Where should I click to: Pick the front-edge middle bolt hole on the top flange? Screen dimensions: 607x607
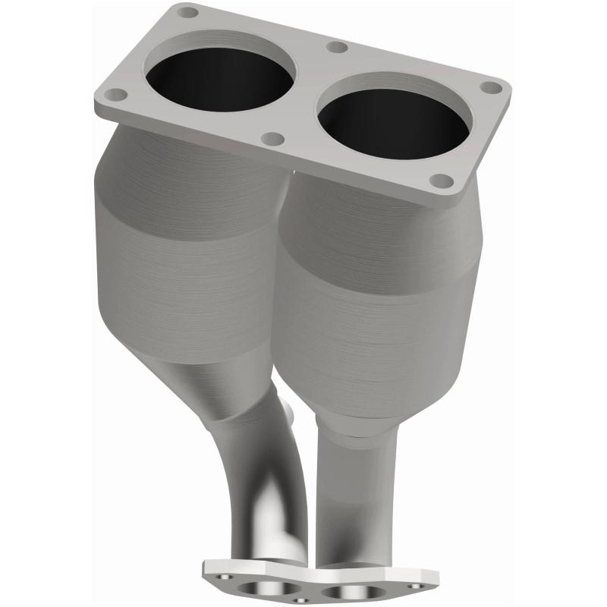273,139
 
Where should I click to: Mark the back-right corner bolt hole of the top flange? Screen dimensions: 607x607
492,87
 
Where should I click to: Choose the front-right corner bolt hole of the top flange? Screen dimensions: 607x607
441,181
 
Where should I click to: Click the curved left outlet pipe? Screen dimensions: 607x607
258,486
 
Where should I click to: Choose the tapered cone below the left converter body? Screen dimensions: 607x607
228,387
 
